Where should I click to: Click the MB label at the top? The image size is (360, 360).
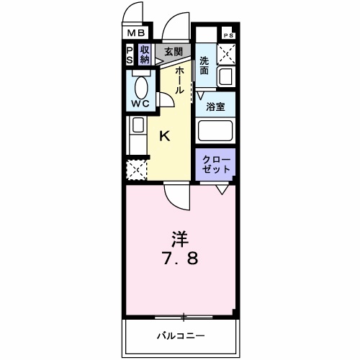pos(136,32)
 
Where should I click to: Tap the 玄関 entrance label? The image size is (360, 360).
pos(173,51)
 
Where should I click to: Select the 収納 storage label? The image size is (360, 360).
pos(145,55)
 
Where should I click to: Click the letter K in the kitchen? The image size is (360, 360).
pos(164,135)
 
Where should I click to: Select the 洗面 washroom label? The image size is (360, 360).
pos(204,66)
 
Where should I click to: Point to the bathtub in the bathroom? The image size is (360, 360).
pos(216,131)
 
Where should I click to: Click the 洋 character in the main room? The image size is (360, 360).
pos(181,237)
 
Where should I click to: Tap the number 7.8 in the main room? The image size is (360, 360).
pos(181,258)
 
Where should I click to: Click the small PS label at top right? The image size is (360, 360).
pos(228,35)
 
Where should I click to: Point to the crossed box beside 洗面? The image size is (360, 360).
pos(228,52)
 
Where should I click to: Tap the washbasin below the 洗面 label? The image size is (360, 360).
pos(226,76)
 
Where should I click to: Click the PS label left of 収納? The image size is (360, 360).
pos(130,55)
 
